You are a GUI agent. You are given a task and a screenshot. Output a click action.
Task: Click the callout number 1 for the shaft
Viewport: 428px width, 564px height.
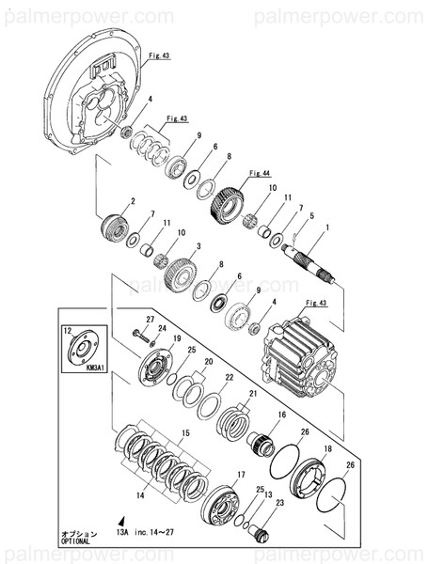328,227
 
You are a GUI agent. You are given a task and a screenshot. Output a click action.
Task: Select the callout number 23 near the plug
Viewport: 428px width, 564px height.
280,502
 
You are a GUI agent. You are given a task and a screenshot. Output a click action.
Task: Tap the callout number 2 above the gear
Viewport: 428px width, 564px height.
134,201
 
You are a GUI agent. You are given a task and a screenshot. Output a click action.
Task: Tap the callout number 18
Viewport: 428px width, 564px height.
327,450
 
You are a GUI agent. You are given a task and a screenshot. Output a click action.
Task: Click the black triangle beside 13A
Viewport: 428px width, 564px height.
121,519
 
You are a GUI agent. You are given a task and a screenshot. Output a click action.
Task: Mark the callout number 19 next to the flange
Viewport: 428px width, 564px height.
150,337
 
